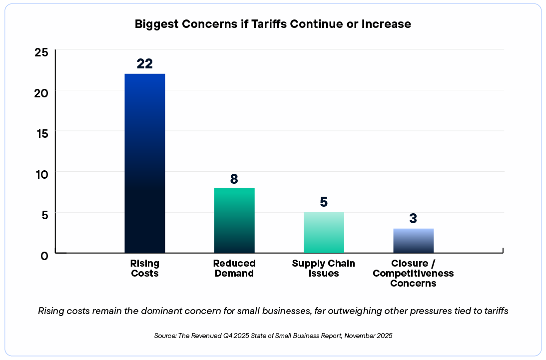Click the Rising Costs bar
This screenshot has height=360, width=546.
144,163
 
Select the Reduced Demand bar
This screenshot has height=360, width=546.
234,220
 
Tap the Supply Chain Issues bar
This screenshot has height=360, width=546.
324,232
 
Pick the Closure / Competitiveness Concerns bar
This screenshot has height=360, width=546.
414,240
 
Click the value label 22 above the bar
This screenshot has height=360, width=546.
144,64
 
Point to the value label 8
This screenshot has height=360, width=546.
234,179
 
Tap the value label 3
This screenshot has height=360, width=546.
414,219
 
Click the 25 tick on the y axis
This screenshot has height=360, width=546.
41,52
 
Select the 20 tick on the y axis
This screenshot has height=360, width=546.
41,92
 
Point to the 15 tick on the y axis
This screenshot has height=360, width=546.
41,133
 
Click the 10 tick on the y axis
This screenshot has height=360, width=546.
41,174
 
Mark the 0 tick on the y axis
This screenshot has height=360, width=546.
44,256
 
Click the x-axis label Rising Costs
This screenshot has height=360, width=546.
144,268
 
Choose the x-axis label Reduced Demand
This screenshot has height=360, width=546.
234,268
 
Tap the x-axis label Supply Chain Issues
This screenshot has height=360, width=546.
324,268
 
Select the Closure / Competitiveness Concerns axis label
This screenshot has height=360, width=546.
414,273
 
